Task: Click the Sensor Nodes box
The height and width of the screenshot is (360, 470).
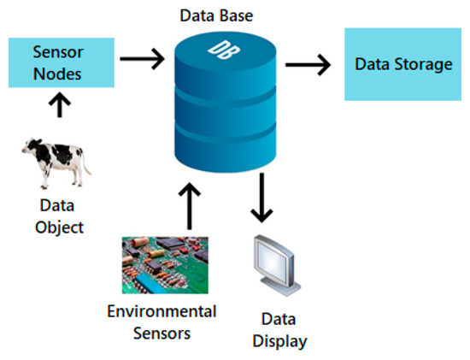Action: (x=57, y=62)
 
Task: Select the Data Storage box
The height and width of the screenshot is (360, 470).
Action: (x=403, y=63)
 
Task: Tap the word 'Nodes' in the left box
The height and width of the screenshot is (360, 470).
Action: (x=57, y=74)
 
